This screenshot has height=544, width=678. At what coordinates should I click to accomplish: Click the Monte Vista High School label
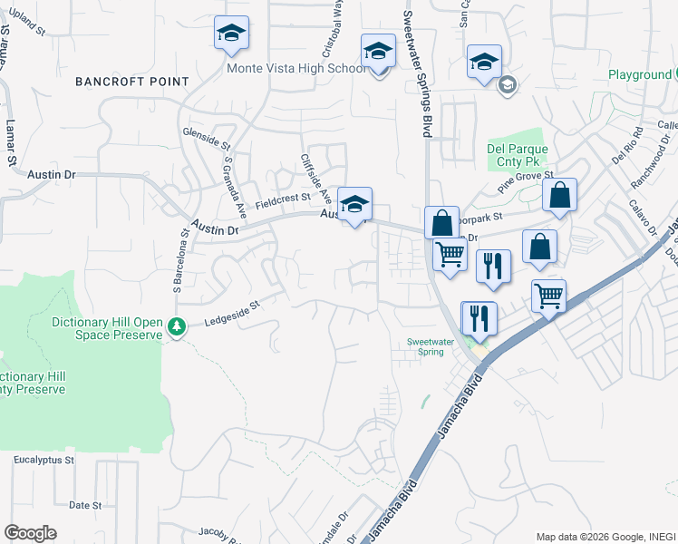click(x=295, y=68)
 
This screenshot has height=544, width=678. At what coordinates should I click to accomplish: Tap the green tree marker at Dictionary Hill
click(x=179, y=325)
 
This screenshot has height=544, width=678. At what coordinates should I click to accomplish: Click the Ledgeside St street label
click(x=231, y=315)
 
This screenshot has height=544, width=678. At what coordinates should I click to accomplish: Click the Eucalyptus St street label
click(x=44, y=461)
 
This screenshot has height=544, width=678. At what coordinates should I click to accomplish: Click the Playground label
click(x=640, y=74)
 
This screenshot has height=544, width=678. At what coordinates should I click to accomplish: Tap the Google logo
click(x=30, y=533)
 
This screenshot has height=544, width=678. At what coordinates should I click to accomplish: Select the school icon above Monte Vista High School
click(x=231, y=34)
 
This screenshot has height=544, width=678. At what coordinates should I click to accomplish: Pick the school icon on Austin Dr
click(x=354, y=204)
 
